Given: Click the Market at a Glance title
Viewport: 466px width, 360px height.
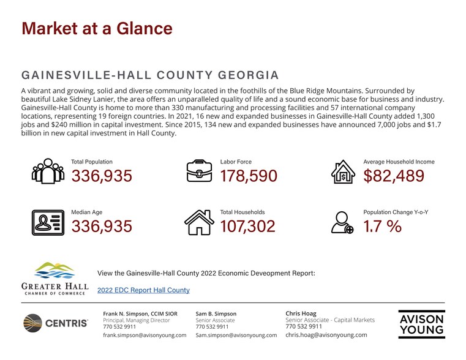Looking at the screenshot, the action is pyautogui.click(x=97, y=29).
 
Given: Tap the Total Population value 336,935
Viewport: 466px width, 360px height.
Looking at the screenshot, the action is pyautogui.click(x=102, y=176).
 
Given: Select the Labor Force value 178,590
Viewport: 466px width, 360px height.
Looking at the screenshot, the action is pyautogui.click(x=249, y=176).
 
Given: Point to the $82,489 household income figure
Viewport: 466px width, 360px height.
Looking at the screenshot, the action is pyautogui.click(x=394, y=176).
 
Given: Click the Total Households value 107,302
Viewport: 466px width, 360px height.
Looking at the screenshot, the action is pyautogui.click(x=247, y=227).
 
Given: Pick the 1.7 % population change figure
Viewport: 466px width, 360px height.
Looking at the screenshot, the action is pyautogui.click(x=383, y=227).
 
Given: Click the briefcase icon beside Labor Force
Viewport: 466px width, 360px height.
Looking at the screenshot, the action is pyautogui.click(x=199, y=171).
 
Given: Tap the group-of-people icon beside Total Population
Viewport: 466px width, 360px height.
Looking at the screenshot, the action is pyautogui.click(x=48, y=171).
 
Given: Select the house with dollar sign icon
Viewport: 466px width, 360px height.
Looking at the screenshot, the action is pyautogui.click(x=343, y=171).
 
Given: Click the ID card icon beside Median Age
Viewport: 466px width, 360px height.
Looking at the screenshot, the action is pyautogui.click(x=48, y=223).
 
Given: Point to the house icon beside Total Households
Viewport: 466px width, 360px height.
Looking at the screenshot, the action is pyautogui.click(x=199, y=222).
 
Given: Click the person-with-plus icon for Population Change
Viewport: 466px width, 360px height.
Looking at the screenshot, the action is pyautogui.click(x=342, y=222).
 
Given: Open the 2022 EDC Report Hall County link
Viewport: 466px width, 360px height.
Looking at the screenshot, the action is pyautogui.click(x=143, y=290).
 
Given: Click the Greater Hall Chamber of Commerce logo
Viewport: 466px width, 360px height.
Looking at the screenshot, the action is pyautogui.click(x=55, y=279).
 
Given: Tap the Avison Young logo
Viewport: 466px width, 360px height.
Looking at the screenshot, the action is pyautogui.click(x=421, y=324).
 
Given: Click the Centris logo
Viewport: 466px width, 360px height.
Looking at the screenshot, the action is pyautogui.click(x=56, y=323).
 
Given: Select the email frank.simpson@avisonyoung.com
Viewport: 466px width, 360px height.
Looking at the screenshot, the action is pyautogui.click(x=145, y=336).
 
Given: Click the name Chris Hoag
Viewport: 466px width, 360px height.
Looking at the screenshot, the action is pyautogui.click(x=301, y=313).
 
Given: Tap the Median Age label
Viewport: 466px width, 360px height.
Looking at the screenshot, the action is pyautogui.click(x=87, y=212).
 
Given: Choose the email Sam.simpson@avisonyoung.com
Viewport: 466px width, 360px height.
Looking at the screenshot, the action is pyautogui.click(x=236, y=336).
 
